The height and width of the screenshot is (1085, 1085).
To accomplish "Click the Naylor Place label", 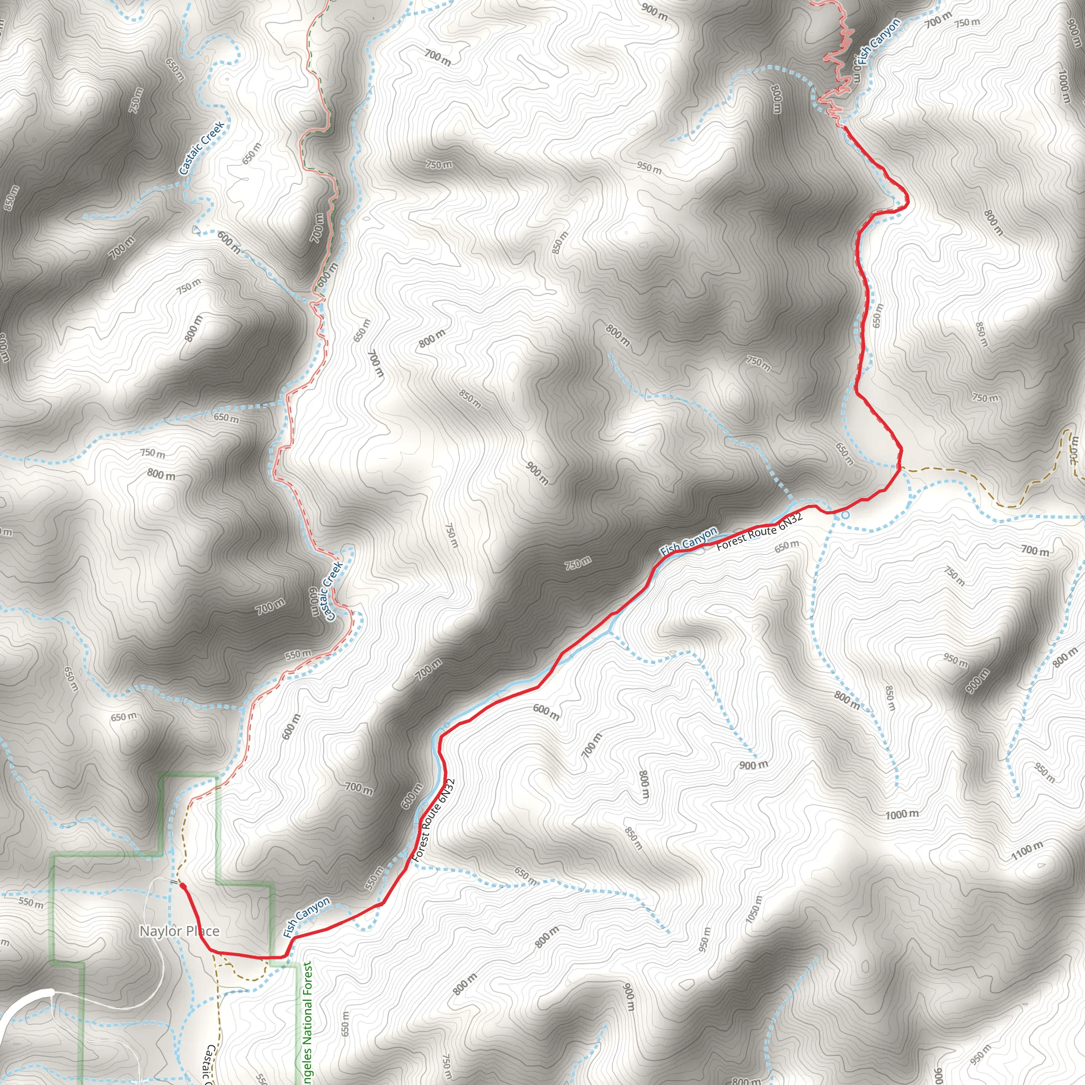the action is (179, 932).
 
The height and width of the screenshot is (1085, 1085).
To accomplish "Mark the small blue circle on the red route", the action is (846, 513).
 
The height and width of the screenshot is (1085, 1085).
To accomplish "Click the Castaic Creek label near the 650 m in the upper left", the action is (202, 148).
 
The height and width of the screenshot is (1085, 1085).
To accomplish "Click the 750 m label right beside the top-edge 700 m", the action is (967, 22).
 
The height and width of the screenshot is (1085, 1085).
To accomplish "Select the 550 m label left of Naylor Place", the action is (30, 903).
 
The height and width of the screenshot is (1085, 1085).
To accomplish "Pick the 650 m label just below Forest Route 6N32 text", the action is (786, 545).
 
